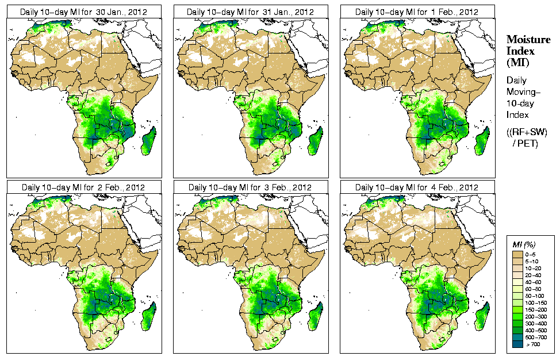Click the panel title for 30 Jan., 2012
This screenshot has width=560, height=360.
83,12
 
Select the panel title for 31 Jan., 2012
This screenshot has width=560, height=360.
250,12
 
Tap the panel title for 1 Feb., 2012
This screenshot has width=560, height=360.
417,12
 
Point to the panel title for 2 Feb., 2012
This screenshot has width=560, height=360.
83,187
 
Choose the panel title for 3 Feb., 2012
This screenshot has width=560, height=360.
250,187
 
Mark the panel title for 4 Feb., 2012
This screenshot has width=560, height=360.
417,187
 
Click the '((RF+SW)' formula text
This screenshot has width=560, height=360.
527,132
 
